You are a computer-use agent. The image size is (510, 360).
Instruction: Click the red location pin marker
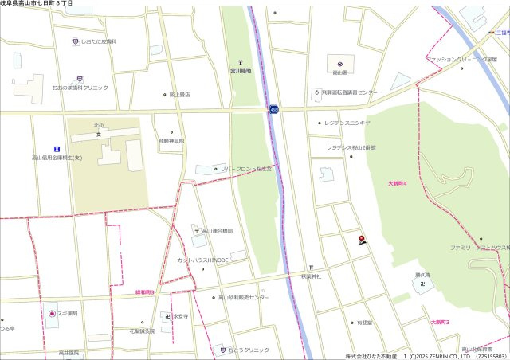pyautogui.click(x=363, y=240)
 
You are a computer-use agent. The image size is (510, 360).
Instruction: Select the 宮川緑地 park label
pyautogui.click(x=241, y=71)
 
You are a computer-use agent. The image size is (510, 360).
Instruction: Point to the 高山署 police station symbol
pyautogui.click(x=339, y=63)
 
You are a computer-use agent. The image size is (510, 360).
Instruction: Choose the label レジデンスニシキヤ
pyautogui.click(x=347, y=123)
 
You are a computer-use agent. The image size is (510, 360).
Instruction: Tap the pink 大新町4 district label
pyautogui.click(x=398, y=183)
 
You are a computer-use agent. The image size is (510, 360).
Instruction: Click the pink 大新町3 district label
pyautogui.click(x=440, y=322)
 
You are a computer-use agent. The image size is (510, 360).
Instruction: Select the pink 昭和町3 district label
pyautogui.click(x=144, y=292)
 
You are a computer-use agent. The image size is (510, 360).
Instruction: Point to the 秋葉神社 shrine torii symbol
pyautogui.click(x=311, y=268)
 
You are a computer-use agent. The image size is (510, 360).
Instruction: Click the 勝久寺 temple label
pyautogui.click(x=422, y=275)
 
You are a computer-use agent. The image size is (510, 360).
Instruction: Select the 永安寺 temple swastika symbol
pyautogui.click(x=167, y=316)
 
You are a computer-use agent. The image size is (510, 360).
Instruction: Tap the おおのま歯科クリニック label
pyautogui.click(x=80, y=88)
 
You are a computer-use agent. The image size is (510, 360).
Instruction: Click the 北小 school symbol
pyautogui.click(x=99, y=134)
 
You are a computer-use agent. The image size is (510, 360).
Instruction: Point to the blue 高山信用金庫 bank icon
pyautogui.click(x=56, y=148)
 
